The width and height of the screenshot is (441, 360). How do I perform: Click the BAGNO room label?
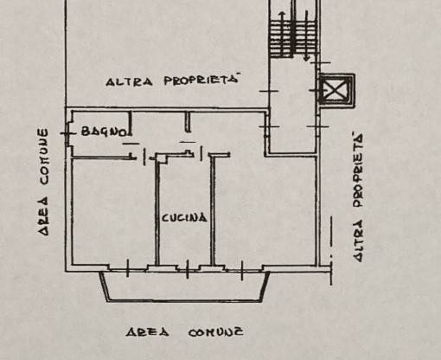click(104, 132)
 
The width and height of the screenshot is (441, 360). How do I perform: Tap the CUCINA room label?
click(184, 217)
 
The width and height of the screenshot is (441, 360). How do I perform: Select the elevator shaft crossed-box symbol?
click(336, 90)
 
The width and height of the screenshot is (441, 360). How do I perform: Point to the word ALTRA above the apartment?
click(129, 82)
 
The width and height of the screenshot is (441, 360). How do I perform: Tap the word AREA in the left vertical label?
click(43, 215)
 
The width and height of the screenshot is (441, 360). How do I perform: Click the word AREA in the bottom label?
click(147, 332)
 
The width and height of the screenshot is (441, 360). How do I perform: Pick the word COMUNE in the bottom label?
click(215, 332)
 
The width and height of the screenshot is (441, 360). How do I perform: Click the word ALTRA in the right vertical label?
click(357, 241)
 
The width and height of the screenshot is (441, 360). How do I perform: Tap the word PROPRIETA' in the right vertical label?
click(357, 170)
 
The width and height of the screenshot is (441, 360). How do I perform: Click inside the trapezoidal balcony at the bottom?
click(184, 286)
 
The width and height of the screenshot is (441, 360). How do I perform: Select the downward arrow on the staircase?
click(307, 36)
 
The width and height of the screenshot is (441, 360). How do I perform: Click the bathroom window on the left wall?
click(67, 133)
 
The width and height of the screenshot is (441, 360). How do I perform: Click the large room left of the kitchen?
click(113, 211)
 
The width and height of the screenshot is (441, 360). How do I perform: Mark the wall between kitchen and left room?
click(157, 211)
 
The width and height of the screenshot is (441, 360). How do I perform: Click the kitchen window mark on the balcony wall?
click(188, 269)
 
